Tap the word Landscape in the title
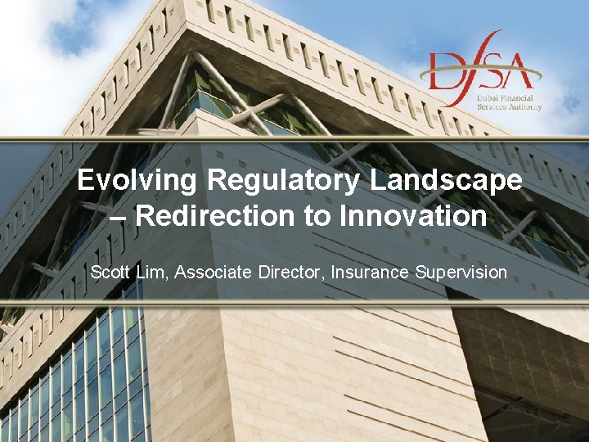click(445, 180)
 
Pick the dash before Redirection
click(119, 218)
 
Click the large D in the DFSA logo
click(447, 70)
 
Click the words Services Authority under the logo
click(510, 107)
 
